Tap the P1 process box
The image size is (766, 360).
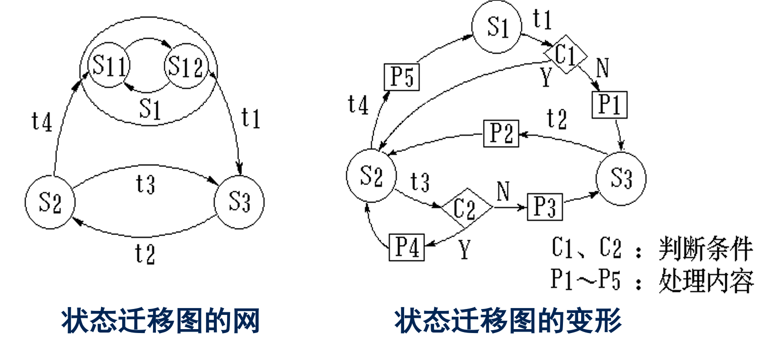(x=610, y=105)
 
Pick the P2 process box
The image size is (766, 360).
(x=501, y=133)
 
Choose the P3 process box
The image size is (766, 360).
(x=544, y=207)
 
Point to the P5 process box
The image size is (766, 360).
(x=402, y=78)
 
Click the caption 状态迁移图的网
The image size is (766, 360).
(x=160, y=322)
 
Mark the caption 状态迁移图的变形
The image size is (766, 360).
(x=508, y=322)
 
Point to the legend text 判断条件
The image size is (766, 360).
(x=705, y=249)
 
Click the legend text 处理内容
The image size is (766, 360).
(x=705, y=281)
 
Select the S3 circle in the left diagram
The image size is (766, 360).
(x=239, y=203)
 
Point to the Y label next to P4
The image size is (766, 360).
(x=464, y=251)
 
